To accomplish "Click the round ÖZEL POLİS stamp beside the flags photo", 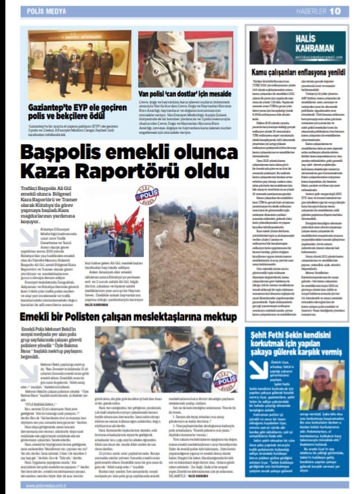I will click(147, 196).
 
